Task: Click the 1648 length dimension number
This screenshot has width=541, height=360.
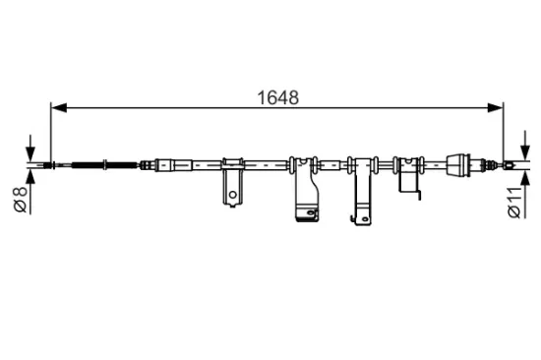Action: tap(278, 97)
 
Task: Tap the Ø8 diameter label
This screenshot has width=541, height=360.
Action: tap(19, 199)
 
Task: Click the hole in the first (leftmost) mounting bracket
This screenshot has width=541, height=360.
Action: tap(232, 196)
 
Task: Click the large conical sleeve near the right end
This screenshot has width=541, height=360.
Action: tap(459, 164)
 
